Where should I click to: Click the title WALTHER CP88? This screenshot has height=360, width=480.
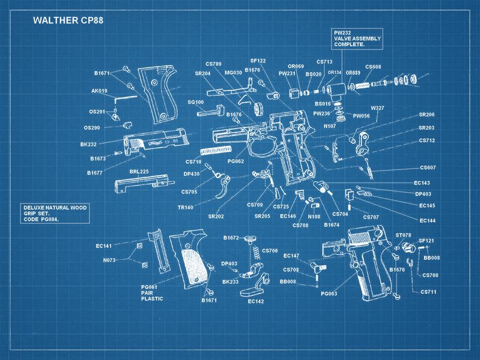(68, 20)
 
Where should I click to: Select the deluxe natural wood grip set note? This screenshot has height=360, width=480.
(54, 214)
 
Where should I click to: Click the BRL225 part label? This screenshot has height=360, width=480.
(139, 171)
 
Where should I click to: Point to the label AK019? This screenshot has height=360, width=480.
(99, 91)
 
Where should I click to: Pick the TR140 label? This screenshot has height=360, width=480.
(185, 207)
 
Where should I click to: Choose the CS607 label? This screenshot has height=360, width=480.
(427, 167)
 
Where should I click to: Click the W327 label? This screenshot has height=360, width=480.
(377, 108)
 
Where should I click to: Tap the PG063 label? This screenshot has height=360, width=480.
(329, 294)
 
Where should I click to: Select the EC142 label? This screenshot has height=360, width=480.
(256, 301)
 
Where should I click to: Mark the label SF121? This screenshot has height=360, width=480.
(426, 241)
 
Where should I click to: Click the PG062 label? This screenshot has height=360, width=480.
(236, 161)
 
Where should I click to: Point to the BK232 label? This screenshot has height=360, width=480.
(88, 145)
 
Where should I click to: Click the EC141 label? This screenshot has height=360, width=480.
(104, 246)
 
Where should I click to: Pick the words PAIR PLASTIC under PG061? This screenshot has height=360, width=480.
(152, 296)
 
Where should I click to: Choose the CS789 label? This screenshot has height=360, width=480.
(213, 64)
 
